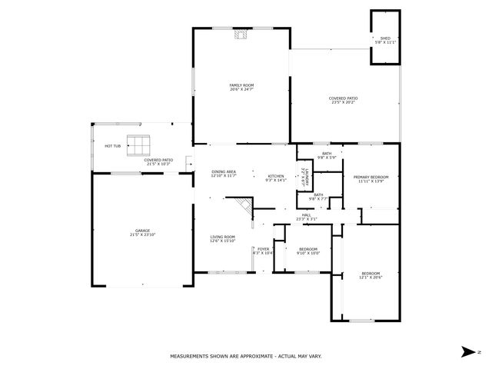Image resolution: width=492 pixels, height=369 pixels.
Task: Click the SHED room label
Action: [x=386, y=40]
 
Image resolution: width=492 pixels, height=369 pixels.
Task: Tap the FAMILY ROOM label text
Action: [x=241, y=87]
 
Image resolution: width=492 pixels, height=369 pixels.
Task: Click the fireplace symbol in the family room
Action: [x=241, y=34]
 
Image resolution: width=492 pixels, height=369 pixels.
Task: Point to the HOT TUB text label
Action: [x=112, y=145]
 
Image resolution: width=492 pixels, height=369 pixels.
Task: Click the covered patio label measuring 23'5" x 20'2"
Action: [x=343, y=100]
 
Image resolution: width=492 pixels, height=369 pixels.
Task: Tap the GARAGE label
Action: [x=142, y=233]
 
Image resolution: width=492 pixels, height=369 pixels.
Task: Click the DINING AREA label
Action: [x=223, y=174]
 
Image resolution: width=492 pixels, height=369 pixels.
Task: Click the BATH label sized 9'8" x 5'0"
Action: [x=327, y=155]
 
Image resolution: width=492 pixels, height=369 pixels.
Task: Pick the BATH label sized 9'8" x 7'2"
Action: [x=317, y=197]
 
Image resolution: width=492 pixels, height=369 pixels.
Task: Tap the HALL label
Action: [x=306, y=217]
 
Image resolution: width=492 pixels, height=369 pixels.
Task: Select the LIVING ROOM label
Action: [x=223, y=239]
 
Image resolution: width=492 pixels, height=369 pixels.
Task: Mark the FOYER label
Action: [x=263, y=251]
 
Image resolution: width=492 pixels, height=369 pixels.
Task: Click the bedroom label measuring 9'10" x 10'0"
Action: [x=307, y=251]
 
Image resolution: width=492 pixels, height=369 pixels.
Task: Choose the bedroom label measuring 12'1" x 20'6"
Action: [x=371, y=275]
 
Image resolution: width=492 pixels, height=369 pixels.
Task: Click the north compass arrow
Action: [x=467, y=351]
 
